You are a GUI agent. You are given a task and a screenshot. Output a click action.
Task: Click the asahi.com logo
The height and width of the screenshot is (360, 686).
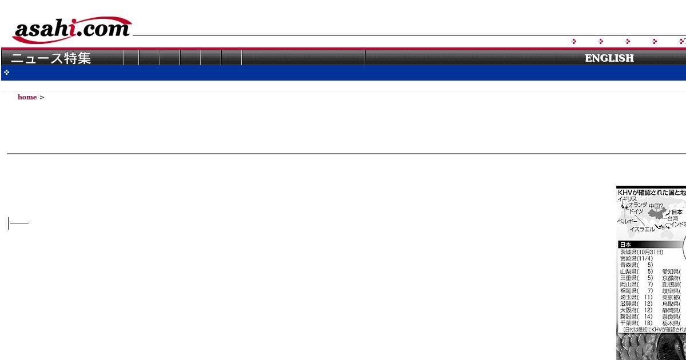72,30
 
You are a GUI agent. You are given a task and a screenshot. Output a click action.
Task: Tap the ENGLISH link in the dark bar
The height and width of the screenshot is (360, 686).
609,58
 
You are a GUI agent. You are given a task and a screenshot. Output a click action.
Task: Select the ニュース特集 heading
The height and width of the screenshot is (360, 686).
51,58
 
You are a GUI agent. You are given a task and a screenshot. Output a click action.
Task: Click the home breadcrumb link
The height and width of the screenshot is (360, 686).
27,97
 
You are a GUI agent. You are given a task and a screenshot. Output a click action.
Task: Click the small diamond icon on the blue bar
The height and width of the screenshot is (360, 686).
6,73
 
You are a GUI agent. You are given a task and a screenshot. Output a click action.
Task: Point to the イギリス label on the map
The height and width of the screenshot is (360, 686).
627,199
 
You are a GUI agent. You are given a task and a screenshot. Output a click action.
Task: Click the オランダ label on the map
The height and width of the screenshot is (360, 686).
637,205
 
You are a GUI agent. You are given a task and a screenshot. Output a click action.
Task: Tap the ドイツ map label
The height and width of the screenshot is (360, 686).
636,211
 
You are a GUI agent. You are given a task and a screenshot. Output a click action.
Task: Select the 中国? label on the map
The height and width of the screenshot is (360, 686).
656,206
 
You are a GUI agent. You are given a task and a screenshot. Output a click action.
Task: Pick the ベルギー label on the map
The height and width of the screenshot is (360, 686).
627,221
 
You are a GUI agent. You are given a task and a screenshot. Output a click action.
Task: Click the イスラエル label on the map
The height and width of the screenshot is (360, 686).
642,229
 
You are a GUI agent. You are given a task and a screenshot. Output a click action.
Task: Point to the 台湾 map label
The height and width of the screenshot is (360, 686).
672,219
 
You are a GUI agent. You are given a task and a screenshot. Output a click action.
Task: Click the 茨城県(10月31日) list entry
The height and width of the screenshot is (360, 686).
641,252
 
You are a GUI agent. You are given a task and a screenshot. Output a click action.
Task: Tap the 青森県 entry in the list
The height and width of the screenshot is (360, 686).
636,265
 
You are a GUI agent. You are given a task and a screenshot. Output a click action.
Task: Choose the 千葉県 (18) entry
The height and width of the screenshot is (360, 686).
636,323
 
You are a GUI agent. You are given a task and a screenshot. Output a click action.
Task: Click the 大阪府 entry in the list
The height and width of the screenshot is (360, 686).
636,310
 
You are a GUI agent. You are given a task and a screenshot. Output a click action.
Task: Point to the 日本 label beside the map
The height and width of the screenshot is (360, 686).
677,213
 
